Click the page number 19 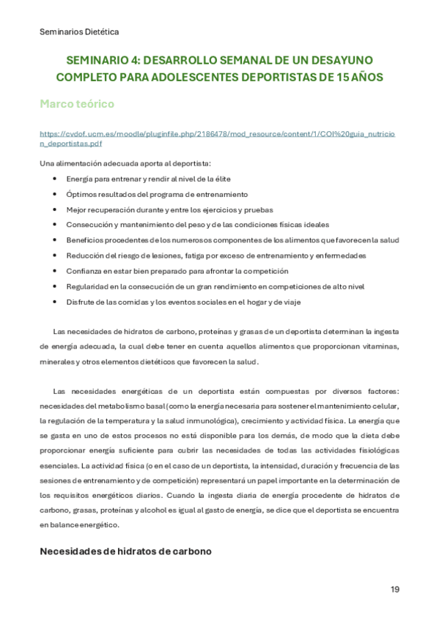395,590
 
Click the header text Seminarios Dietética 79,31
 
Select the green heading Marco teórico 77,104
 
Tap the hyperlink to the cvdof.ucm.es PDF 217,139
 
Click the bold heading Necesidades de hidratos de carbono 125,551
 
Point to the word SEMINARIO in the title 96,61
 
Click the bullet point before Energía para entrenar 56,179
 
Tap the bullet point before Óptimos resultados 56,194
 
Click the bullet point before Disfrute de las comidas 56,302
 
